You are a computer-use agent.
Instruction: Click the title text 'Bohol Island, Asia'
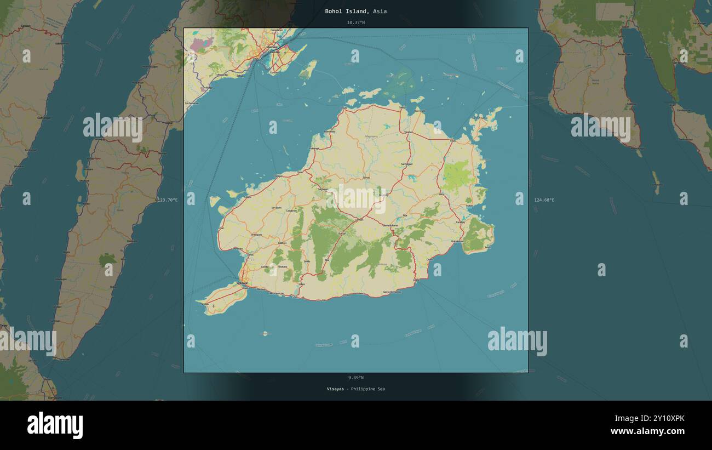pos(355,11)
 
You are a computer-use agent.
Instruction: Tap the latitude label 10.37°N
pos(355,22)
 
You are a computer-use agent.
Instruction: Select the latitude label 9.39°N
pos(355,378)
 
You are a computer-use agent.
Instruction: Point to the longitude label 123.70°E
pos(168,200)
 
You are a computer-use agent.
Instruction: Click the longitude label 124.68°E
pos(544,200)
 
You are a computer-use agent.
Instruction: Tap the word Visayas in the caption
pos(335,389)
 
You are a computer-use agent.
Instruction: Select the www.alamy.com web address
pos(647,431)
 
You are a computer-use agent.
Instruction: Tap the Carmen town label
pos(359,220)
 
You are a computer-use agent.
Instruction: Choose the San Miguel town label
pos(406,164)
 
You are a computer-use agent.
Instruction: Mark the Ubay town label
pos(452,141)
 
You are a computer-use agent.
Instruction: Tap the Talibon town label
pos(408,132)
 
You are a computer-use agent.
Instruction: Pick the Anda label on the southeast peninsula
pos(487,248)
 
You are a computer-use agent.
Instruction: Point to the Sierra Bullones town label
pos(391,225)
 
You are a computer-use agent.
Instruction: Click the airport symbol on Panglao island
pos(213,306)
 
